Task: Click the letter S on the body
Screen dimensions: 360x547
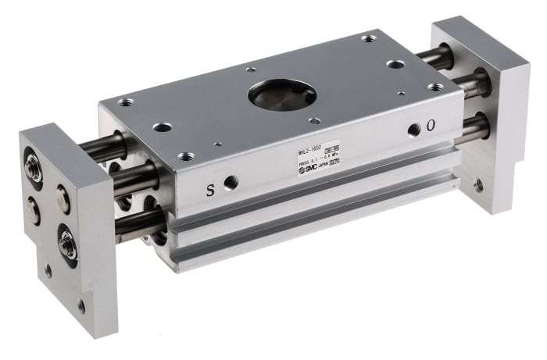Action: coord(209,190)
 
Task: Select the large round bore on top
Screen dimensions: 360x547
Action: coord(282,95)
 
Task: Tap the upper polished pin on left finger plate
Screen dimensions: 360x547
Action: coord(63,199)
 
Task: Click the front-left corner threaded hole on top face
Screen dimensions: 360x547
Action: coord(185,156)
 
